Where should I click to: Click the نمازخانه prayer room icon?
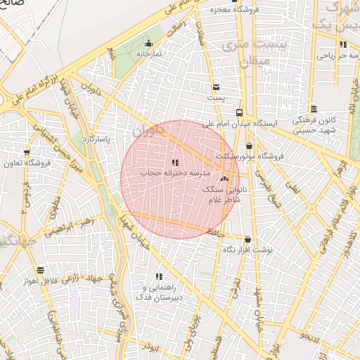click(x=148, y=43)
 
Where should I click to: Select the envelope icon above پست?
click(x=217, y=86)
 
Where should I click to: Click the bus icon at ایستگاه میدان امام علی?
click(x=240, y=112)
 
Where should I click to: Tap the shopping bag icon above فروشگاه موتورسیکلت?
click(x=249, y=146)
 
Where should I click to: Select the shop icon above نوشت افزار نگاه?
click(x=247, y=240)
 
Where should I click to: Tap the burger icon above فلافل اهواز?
click(x=40, y=270)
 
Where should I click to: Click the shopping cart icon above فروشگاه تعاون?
click(x=27, y=153)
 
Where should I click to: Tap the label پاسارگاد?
click(x=97, y=139)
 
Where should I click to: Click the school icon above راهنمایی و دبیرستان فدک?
click(x=159, y=276)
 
